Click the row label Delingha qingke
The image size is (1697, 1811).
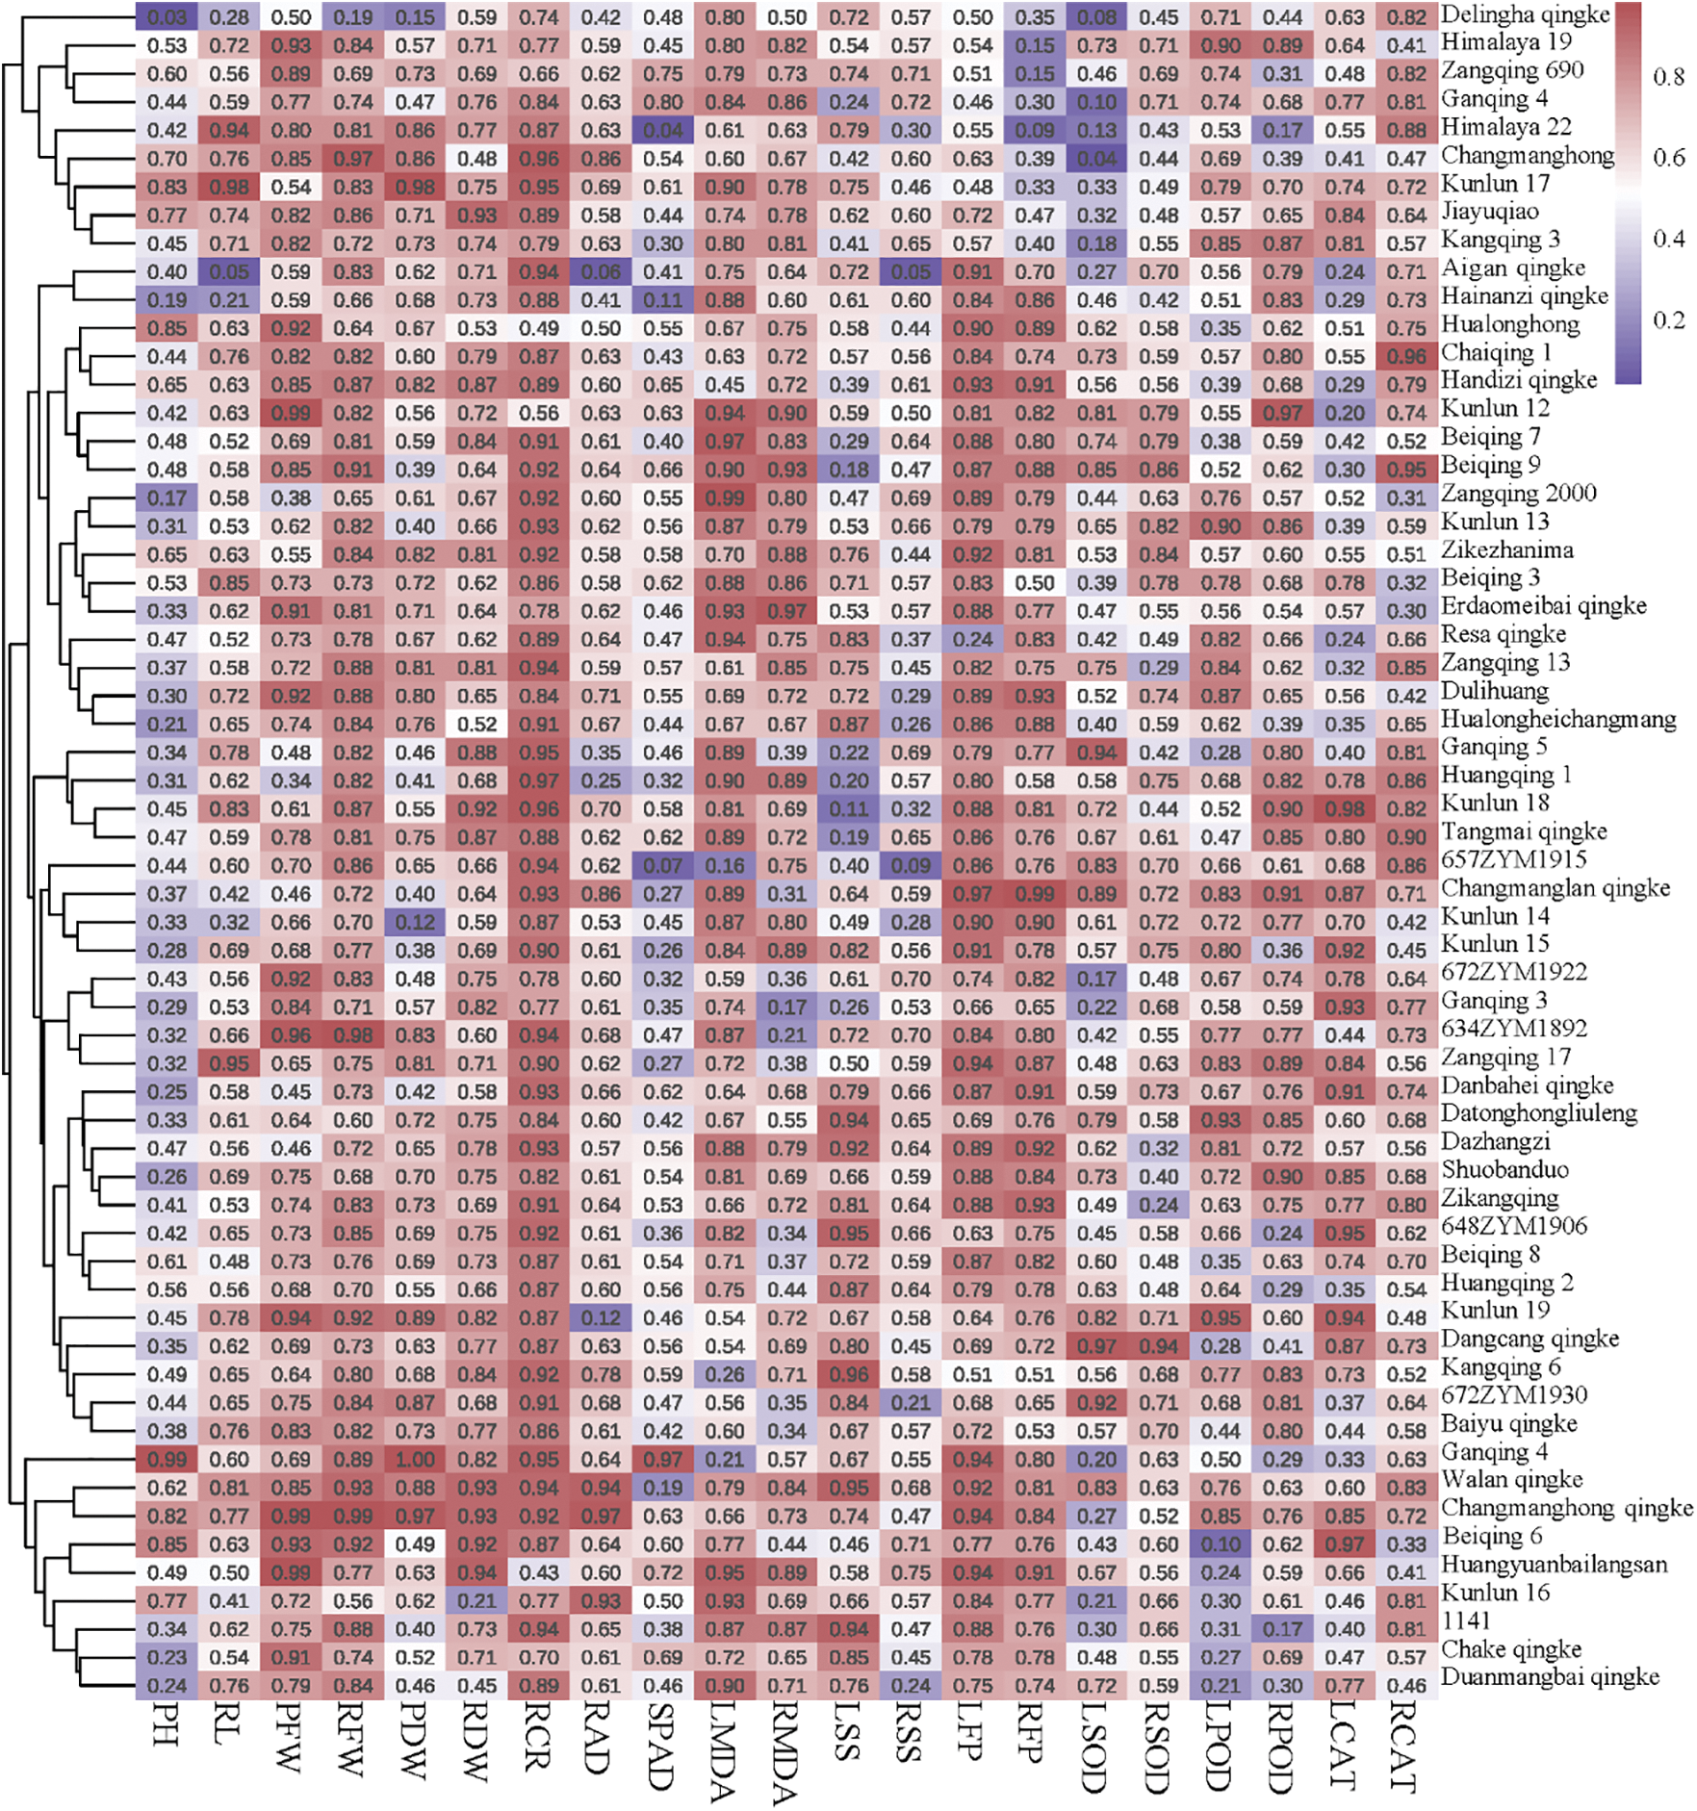pyautogui.click(x=1525, y=15)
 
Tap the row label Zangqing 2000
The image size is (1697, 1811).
pyautogui.click(x=1518, y=494)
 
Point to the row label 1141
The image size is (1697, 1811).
pyautogui.click(x=1465, y=1620)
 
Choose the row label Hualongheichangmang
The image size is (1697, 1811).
pyautogui.click(x=1558, y=719)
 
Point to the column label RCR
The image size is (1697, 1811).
pyautogui.click(x=539, y=1737)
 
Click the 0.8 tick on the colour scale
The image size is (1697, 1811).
pyautogui.click(x=1668, y=77)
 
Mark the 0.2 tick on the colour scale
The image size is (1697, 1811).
pyautogui.click(x=1668, y=320)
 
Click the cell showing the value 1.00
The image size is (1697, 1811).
pyautogui.click(x=415, y=1460)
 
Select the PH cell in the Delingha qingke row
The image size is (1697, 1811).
pyautogui.click(x=167, y=17)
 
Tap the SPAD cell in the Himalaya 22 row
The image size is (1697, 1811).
pyautogui.click(x=662, y=130)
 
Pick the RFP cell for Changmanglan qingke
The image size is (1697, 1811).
pyautogui.click(x=1035, y=894)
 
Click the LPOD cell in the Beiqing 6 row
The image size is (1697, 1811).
pyautogui.click(x=1221, y=1544)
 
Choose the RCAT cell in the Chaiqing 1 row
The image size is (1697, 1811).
pyautogui.click(x=1406, y=356)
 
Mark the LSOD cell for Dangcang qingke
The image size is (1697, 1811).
pyautogui.click(x=1096, y=1346)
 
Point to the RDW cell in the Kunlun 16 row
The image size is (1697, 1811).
pyautogui.click(x=477, y=1601)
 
